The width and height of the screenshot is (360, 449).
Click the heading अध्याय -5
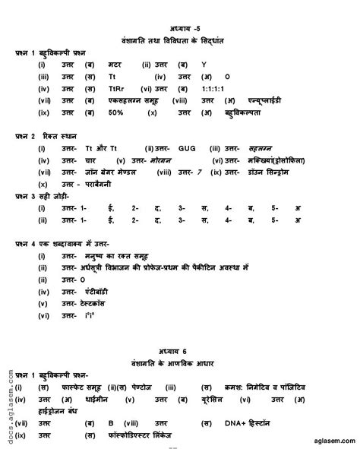click(179, 29)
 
